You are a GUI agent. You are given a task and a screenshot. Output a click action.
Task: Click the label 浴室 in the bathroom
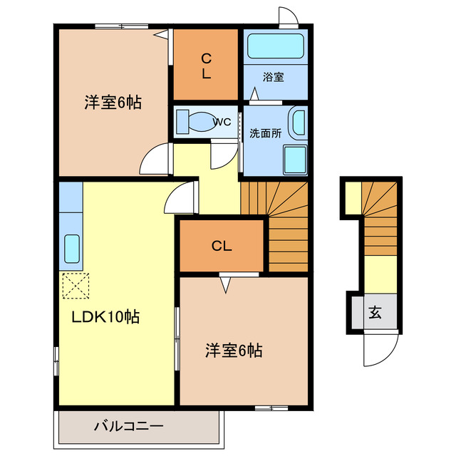click(x=273, y=77)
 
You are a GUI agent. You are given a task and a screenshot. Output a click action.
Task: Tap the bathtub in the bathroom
click(x=275, y=47)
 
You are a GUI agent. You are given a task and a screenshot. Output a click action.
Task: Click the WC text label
click(x=222, y=122)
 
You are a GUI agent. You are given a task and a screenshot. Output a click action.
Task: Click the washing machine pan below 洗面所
click(x=295, y=160)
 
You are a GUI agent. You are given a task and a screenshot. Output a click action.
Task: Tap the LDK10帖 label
click(x=105, y=318)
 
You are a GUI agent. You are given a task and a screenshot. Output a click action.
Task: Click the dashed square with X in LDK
click(x=75, y=286)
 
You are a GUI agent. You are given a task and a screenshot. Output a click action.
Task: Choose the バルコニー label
click(x=129, y=427)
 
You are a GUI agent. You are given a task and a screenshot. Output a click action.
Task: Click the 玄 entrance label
click(x=374, y=311)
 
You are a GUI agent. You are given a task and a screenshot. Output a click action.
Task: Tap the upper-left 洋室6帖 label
click(x=113, y=103)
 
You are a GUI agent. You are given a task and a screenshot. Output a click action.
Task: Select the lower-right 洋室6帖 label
click(x=234, y=351)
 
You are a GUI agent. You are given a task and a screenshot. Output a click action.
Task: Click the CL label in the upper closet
click(x=205, y=64)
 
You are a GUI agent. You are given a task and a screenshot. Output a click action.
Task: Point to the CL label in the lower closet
click(x=222, y=247)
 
